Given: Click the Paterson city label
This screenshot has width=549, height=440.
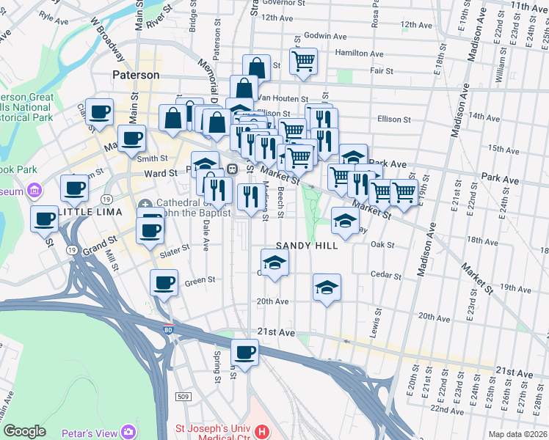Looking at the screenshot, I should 136,75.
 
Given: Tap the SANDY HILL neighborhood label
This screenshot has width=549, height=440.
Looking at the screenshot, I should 307,246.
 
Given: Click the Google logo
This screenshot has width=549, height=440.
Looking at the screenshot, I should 24,431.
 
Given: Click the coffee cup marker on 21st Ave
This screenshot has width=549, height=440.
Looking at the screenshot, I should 246,352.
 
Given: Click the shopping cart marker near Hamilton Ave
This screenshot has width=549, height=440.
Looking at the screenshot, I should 303,61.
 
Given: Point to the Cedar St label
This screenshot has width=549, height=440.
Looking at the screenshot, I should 387,276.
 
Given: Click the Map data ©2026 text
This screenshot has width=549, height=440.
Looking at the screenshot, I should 518,434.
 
